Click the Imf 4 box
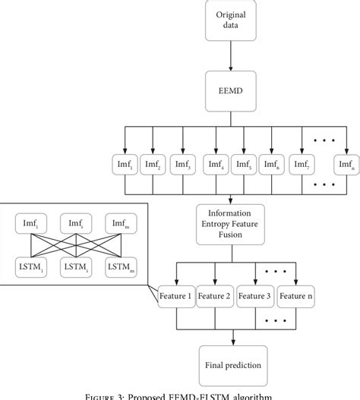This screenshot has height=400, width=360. [215, 164]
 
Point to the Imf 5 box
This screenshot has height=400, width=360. [243, 164]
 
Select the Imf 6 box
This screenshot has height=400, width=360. [271, 164]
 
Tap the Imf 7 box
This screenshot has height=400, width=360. [301, 164]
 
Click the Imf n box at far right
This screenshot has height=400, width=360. [346, 164]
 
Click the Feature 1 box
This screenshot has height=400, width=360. [175, 294]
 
